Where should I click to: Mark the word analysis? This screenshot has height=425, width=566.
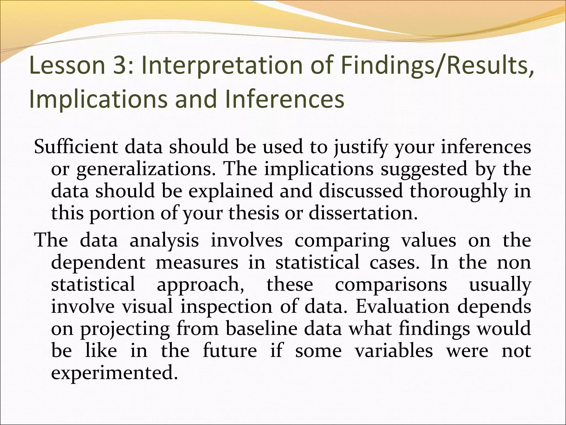[x=164, y=240]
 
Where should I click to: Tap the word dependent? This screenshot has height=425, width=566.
[x=98, y=262]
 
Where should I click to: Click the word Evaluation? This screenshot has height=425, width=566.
[x=403, y=307]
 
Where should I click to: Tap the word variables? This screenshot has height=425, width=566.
[x=394, y=351]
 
